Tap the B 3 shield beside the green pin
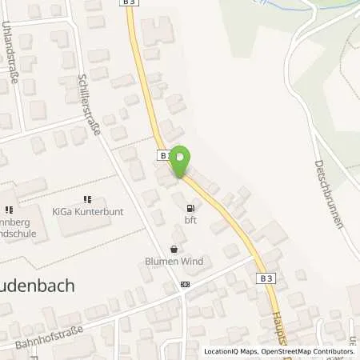[x=163, y=154]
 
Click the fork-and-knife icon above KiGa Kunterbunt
[x=87, y=198]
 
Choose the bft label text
[x=190, y=218]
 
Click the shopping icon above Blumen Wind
[x=174, y=249]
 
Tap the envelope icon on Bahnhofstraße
[x=186, y=284]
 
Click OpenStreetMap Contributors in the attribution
[x=308, y=352]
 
